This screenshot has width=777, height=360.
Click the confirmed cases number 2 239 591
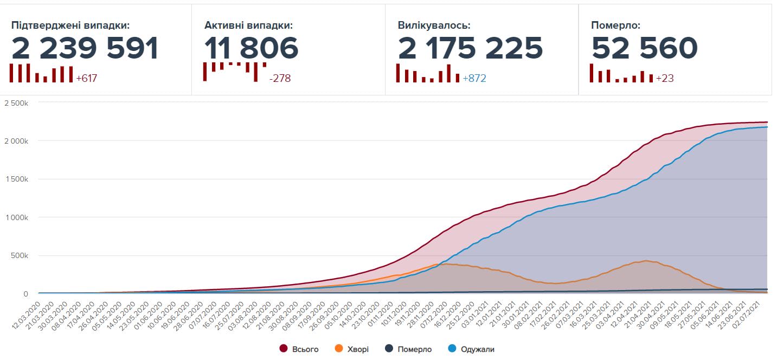coord(85,48)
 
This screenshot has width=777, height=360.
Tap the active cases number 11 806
coord(251,48)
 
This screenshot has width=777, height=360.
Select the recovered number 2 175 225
coord(470,48)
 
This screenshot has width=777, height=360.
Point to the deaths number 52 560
coord(644,48)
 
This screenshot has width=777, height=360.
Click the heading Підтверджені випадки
coord(70,25)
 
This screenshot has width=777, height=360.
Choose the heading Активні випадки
coord(248,25)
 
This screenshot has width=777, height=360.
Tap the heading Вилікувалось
coord(434,25)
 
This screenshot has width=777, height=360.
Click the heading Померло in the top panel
coord(615,25)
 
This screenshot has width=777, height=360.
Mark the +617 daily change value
coord(86,78)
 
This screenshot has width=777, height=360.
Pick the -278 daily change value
coord(280,78)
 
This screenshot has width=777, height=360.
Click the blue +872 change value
coord(474,78)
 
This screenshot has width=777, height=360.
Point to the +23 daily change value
coord(665,78)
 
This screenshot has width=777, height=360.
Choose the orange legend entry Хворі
coord(357,349)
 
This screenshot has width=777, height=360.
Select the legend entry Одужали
coord(477,349)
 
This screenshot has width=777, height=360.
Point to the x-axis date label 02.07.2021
coord(755,311)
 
